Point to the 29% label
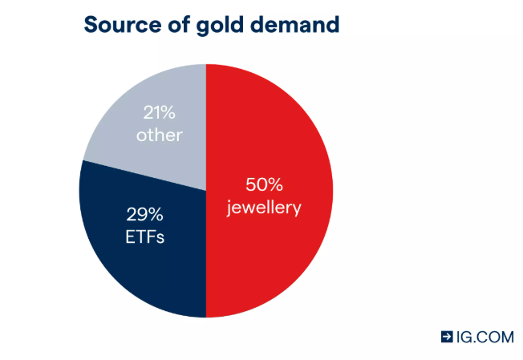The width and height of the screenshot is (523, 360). [x=144, y=215]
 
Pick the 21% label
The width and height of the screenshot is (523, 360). [x=159, y=111]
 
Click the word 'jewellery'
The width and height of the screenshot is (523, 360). [x=265, y=208]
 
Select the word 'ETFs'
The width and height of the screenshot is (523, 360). [x=144, y=237]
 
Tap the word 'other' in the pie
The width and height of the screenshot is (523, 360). [x=159, y=134]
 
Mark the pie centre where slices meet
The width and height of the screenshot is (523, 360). [x=206, y=191]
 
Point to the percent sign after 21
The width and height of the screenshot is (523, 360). [x=172, y=111]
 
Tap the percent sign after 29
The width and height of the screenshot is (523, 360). [x=159, y=215]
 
